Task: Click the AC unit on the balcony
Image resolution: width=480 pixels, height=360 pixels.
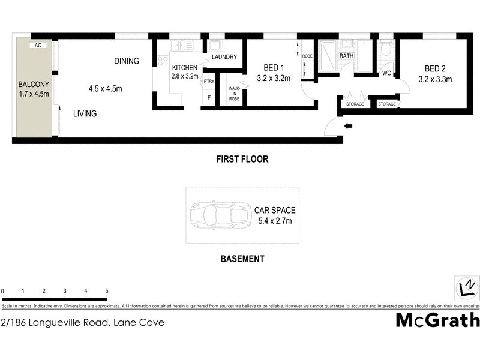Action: (37, 45)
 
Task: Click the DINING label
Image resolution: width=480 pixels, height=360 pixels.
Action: (127, 61)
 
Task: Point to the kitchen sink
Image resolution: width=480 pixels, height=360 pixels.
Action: (181, 46)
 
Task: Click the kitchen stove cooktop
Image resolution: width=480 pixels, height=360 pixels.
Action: (163, 60)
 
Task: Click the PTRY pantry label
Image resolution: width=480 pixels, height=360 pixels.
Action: (209, 81)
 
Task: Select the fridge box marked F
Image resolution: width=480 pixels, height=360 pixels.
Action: (209, 97)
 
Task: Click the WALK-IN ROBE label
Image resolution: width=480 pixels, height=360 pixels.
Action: (233, 94)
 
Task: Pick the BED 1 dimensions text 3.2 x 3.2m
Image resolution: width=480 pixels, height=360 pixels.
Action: (273, 78)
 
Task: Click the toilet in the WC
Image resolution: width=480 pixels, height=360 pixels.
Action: (386, 47)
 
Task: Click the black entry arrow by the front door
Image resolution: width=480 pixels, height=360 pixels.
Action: (349, 126)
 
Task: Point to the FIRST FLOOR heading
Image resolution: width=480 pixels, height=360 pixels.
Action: (242, 160)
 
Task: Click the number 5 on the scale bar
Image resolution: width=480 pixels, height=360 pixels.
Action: (106, 291)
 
